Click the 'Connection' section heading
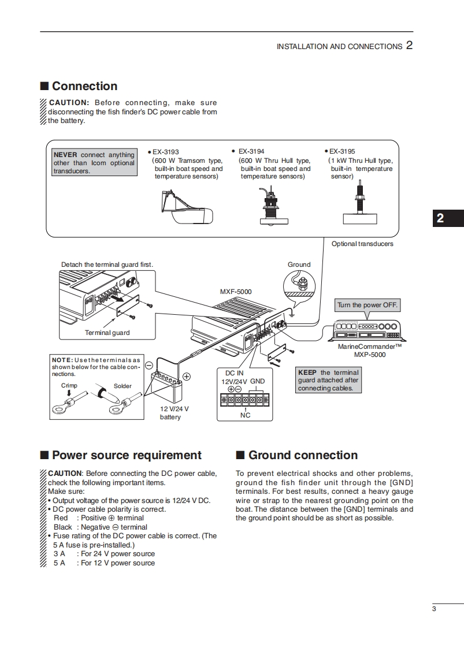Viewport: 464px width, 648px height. click(x=84, y=86)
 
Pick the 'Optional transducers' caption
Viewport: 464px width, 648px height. click(x=362, y=244)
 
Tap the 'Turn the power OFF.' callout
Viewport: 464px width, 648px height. click(x=368, y=305)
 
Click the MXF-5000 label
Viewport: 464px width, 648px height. click(x=236, y=292)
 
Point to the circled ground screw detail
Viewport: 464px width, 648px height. click(x=299, y=284)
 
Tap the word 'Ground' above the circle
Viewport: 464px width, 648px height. click(x=299, y=265)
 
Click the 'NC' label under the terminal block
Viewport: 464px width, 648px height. click(x=245, y=415)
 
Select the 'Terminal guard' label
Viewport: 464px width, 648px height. click(x=107, y=333)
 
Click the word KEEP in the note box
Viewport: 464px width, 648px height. click(x=307, y=373)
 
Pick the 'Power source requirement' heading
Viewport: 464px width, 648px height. click(x=127, y=455)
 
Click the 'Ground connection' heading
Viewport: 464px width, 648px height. click(x=303, y=455)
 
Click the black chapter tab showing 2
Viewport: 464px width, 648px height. click(x=440, y=218)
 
